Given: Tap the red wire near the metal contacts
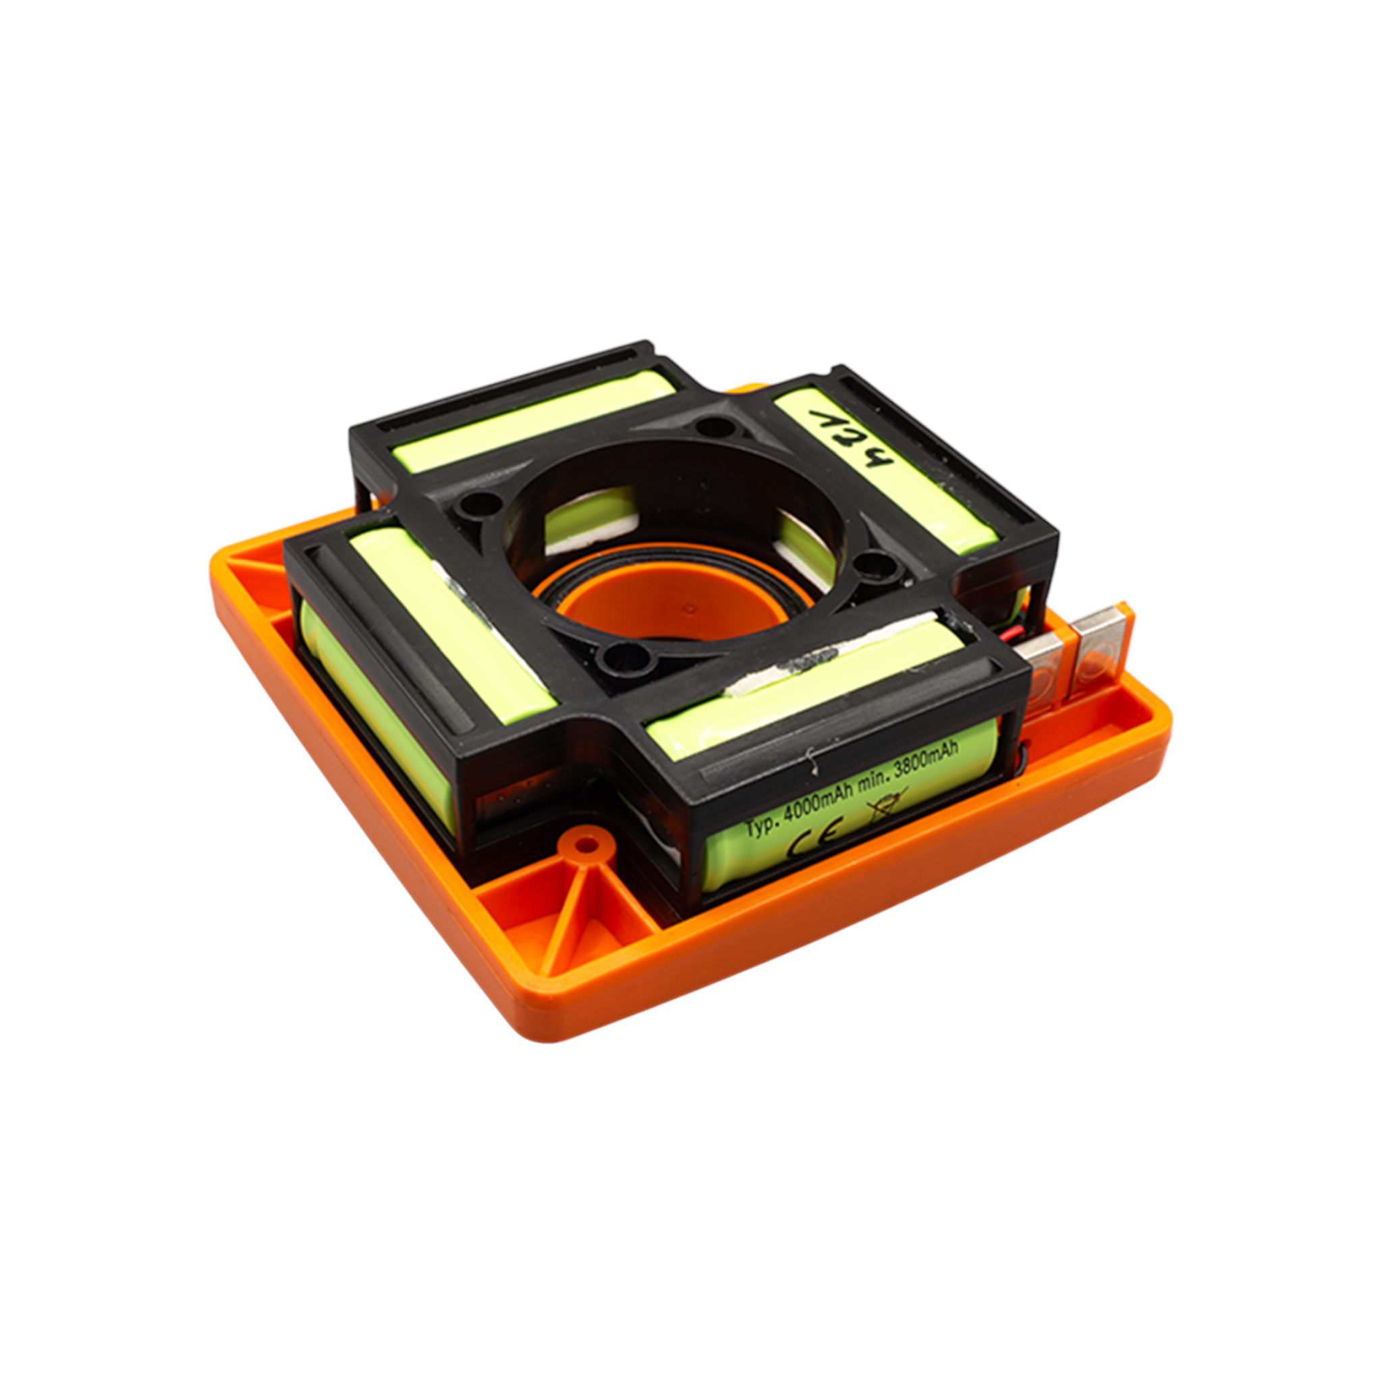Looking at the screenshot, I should (1027, 632).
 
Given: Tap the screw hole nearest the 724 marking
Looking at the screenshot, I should (712, 429).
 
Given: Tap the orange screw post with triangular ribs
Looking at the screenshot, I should (586, 846).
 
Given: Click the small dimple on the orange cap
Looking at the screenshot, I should (690, 609).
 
